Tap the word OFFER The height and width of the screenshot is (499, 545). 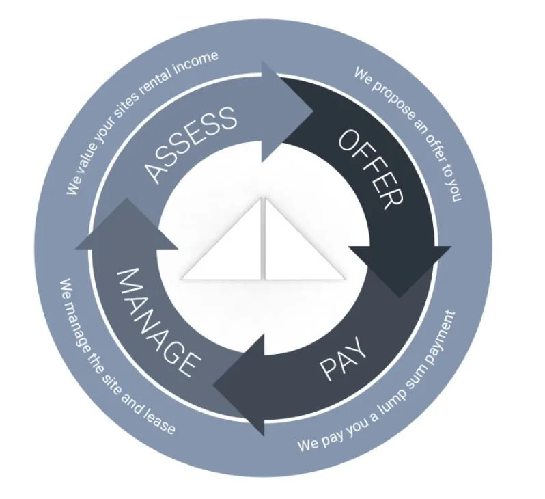pos(372,167)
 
